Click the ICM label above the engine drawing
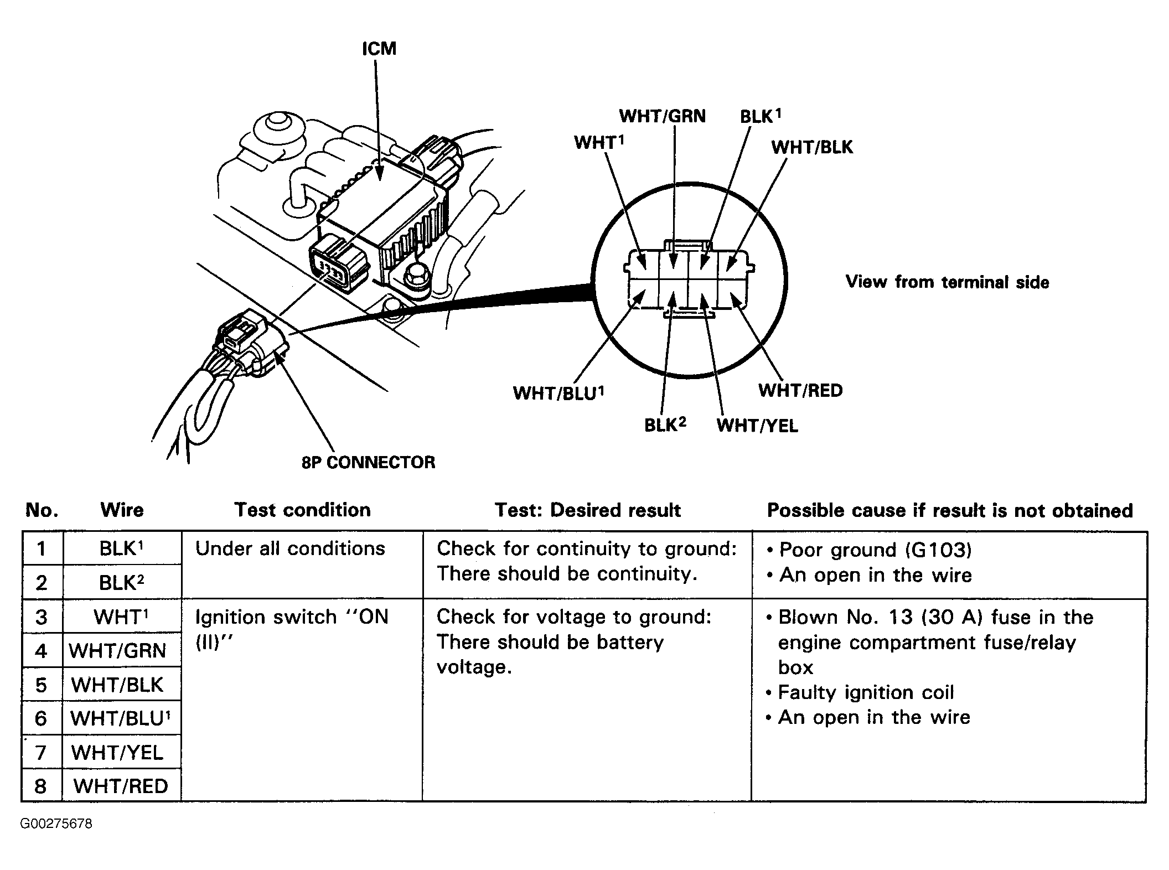379,49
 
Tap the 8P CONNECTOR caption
368,462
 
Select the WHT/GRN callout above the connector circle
662,116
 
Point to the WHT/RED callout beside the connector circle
800,390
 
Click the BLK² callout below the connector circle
665,425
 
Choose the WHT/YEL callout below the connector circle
757,426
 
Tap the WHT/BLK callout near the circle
812,147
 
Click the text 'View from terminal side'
947,282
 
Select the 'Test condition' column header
302,510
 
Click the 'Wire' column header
122,510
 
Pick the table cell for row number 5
42,685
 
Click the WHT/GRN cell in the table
118,651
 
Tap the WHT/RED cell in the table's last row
121,786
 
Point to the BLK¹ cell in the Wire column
121,548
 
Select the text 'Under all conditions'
290,548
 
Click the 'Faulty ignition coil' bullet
865,692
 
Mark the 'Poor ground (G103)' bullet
875,550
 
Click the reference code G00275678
56,824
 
